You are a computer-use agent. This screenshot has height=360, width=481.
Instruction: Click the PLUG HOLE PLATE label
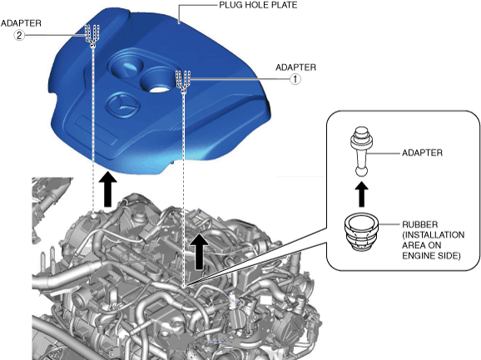click(x=258, y=5)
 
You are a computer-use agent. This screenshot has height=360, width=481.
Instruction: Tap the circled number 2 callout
click(x=19, y=36)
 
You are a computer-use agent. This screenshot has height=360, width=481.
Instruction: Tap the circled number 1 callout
click(x=295, y=79)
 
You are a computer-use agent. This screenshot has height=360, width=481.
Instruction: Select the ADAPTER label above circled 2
click(x=21, y=23)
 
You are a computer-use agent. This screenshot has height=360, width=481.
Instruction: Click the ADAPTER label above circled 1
click(x=295, y=67)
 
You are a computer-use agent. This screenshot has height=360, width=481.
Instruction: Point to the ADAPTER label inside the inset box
click(x=422, y=153)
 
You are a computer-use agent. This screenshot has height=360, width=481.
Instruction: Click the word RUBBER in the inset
click(x=420, y=224)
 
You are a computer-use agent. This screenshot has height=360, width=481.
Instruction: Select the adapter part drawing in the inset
click(x=362, y=151)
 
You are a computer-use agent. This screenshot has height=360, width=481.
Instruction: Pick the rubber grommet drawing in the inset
click(x=361, y=232)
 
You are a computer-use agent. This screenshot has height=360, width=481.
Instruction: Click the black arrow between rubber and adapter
click(x=362, y=195)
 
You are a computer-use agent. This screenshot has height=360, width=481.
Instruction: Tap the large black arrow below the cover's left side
click(x=107, y=189)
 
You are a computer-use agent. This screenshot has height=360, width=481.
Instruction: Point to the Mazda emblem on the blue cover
click(x=122, y=105)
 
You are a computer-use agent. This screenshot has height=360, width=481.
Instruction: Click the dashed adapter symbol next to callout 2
click(x=92, y=36)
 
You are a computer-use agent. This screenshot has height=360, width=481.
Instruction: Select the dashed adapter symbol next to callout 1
click(x=183, y=81)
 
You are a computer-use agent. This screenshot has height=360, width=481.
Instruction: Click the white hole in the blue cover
click(x=159, y=89)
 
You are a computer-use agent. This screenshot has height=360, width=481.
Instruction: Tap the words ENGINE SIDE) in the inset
click(x=431, y=256)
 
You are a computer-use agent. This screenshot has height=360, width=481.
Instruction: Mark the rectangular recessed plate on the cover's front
click(x=97, y=130)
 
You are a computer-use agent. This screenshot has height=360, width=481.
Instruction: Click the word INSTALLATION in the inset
click(x=434, y=235)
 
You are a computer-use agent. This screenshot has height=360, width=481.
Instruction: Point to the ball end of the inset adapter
click(x=361, y=171)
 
